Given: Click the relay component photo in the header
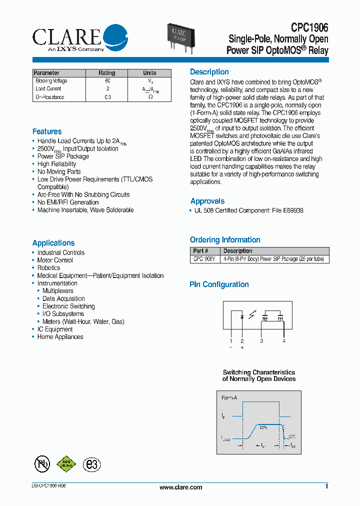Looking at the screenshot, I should tap(183, 34).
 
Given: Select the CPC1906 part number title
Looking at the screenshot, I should tap(309, 29).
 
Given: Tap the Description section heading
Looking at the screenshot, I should tap(209, 72).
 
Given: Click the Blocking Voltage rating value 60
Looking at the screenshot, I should tap(107, 81).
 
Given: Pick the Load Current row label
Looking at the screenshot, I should tap(48, 89).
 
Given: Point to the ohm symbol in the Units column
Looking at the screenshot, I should tap(150, 97).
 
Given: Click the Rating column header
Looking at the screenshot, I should tap(107, 73).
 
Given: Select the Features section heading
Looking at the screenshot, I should tap(47, 131).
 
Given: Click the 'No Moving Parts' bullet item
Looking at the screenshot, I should tap(59, 171).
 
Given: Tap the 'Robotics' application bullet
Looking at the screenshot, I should tap(48, 268).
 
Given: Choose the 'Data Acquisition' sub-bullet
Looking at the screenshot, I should tap(63, 298).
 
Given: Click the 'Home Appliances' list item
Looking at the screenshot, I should tap(60, 337).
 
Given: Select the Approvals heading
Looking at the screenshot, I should tap(207, 201).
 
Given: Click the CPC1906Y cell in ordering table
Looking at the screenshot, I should tap(204, 259).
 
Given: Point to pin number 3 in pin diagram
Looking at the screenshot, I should tap(261, 341).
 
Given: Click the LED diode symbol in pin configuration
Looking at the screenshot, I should tap(242, 316).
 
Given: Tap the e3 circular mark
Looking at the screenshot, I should tap(91, 464).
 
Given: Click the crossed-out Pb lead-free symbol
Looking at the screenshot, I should tap(42, 464).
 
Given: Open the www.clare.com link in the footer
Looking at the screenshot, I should tap(180, 487).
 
